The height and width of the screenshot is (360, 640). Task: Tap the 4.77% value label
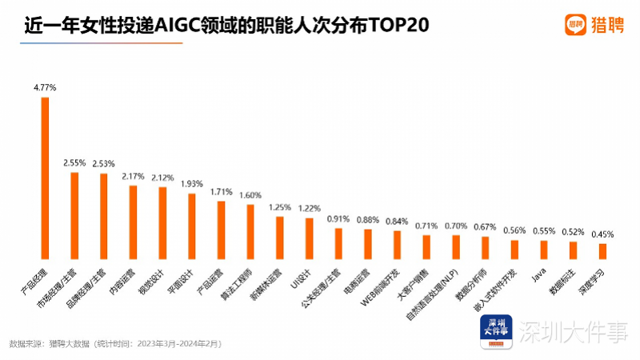[45, 89]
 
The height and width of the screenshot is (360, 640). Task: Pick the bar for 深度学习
[602, 251]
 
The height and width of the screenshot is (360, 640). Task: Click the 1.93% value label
[192, 184]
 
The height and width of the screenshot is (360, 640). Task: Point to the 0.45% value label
[602, 234]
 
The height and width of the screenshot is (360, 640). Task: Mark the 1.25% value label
[280, 207]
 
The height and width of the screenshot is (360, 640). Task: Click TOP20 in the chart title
[398, 26]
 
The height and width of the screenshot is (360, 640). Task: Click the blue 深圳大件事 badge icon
[494, 332]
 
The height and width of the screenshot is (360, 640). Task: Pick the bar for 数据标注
[573, 250]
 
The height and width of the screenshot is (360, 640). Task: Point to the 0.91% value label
[338, 218]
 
